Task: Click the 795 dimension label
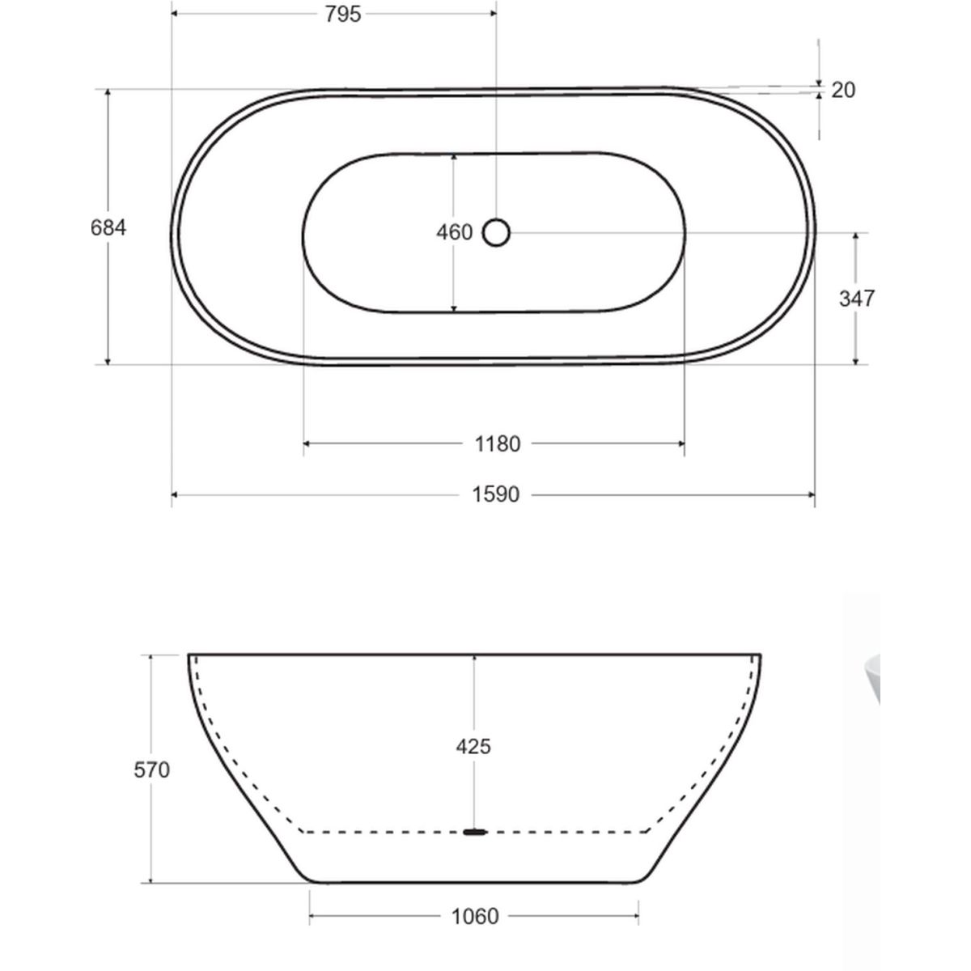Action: (x=342, y=14)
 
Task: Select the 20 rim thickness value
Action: (x=843, y=90)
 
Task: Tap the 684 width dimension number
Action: (x=108, y=227)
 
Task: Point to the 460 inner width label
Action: (x=455, y=232)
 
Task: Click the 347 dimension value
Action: (x=857, y=299)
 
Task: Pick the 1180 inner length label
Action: (x=498, y=444)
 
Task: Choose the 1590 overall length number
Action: (x=495, y=495)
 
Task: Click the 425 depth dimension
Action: (x=473, y=746)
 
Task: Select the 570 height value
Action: (x=151, y=770)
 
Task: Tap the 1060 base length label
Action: (x=475, y=917)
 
